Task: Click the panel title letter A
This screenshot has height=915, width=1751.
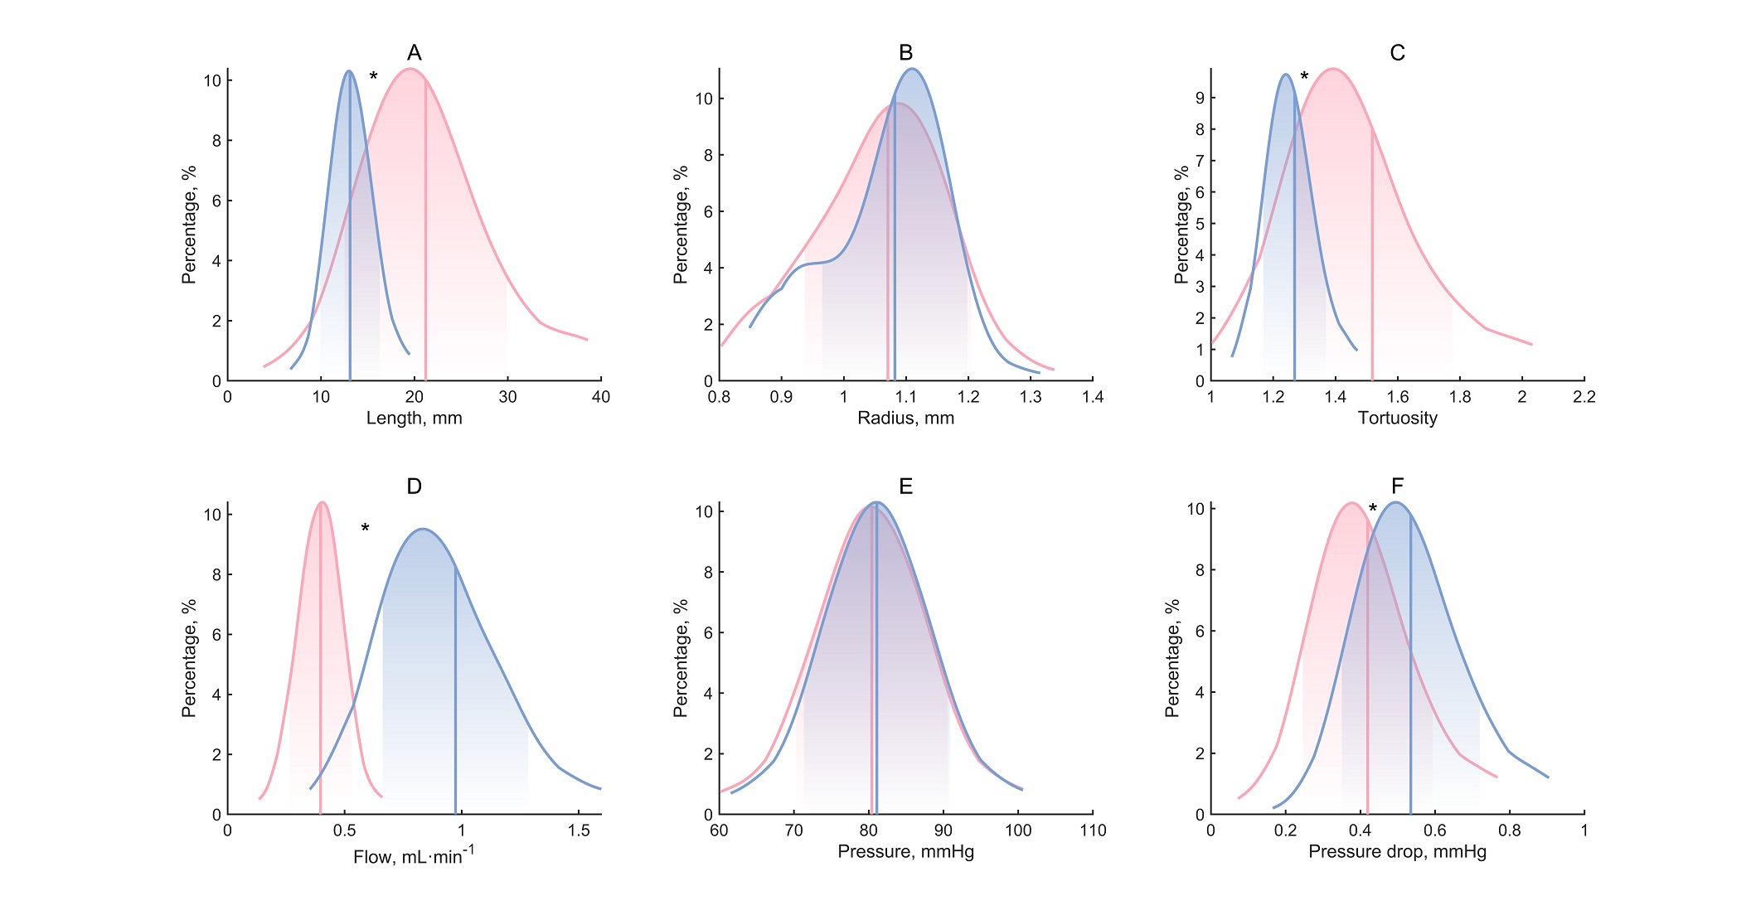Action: [x=415, y=53]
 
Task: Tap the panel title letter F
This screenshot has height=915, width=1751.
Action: [x=1398, y=486]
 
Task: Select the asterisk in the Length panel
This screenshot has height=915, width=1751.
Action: [x=373, y=77]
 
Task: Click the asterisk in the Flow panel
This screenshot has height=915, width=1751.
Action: [x=365, y=528]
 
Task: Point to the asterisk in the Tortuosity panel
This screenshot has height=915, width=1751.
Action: [x=1304, y=77]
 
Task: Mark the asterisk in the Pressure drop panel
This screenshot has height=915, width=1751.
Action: [x=1373, y=509]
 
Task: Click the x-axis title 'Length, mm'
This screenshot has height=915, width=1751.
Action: [x=415, y=419]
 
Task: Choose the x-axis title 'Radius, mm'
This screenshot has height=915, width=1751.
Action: [x=906, y=419]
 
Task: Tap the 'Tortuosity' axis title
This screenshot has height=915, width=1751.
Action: [x=1398, y=419]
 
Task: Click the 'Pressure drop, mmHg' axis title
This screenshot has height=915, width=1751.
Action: [x=1398, y=852]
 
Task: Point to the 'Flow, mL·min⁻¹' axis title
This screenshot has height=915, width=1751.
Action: [x=415, y=854]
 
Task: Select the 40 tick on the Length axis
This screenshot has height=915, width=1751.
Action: [x=601, y=397]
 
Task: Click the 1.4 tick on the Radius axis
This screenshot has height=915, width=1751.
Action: [x=1093, y=397]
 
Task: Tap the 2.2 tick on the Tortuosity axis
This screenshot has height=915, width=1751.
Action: [x=1584, y=397]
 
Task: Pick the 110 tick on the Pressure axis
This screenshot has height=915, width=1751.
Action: [x=1093, y=830]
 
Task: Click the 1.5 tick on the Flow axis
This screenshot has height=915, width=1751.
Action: [x=579, y=830]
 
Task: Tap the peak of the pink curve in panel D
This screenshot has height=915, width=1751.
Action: [x=322, y=502]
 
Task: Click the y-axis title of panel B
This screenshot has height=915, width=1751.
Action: [x=681, y=225]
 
